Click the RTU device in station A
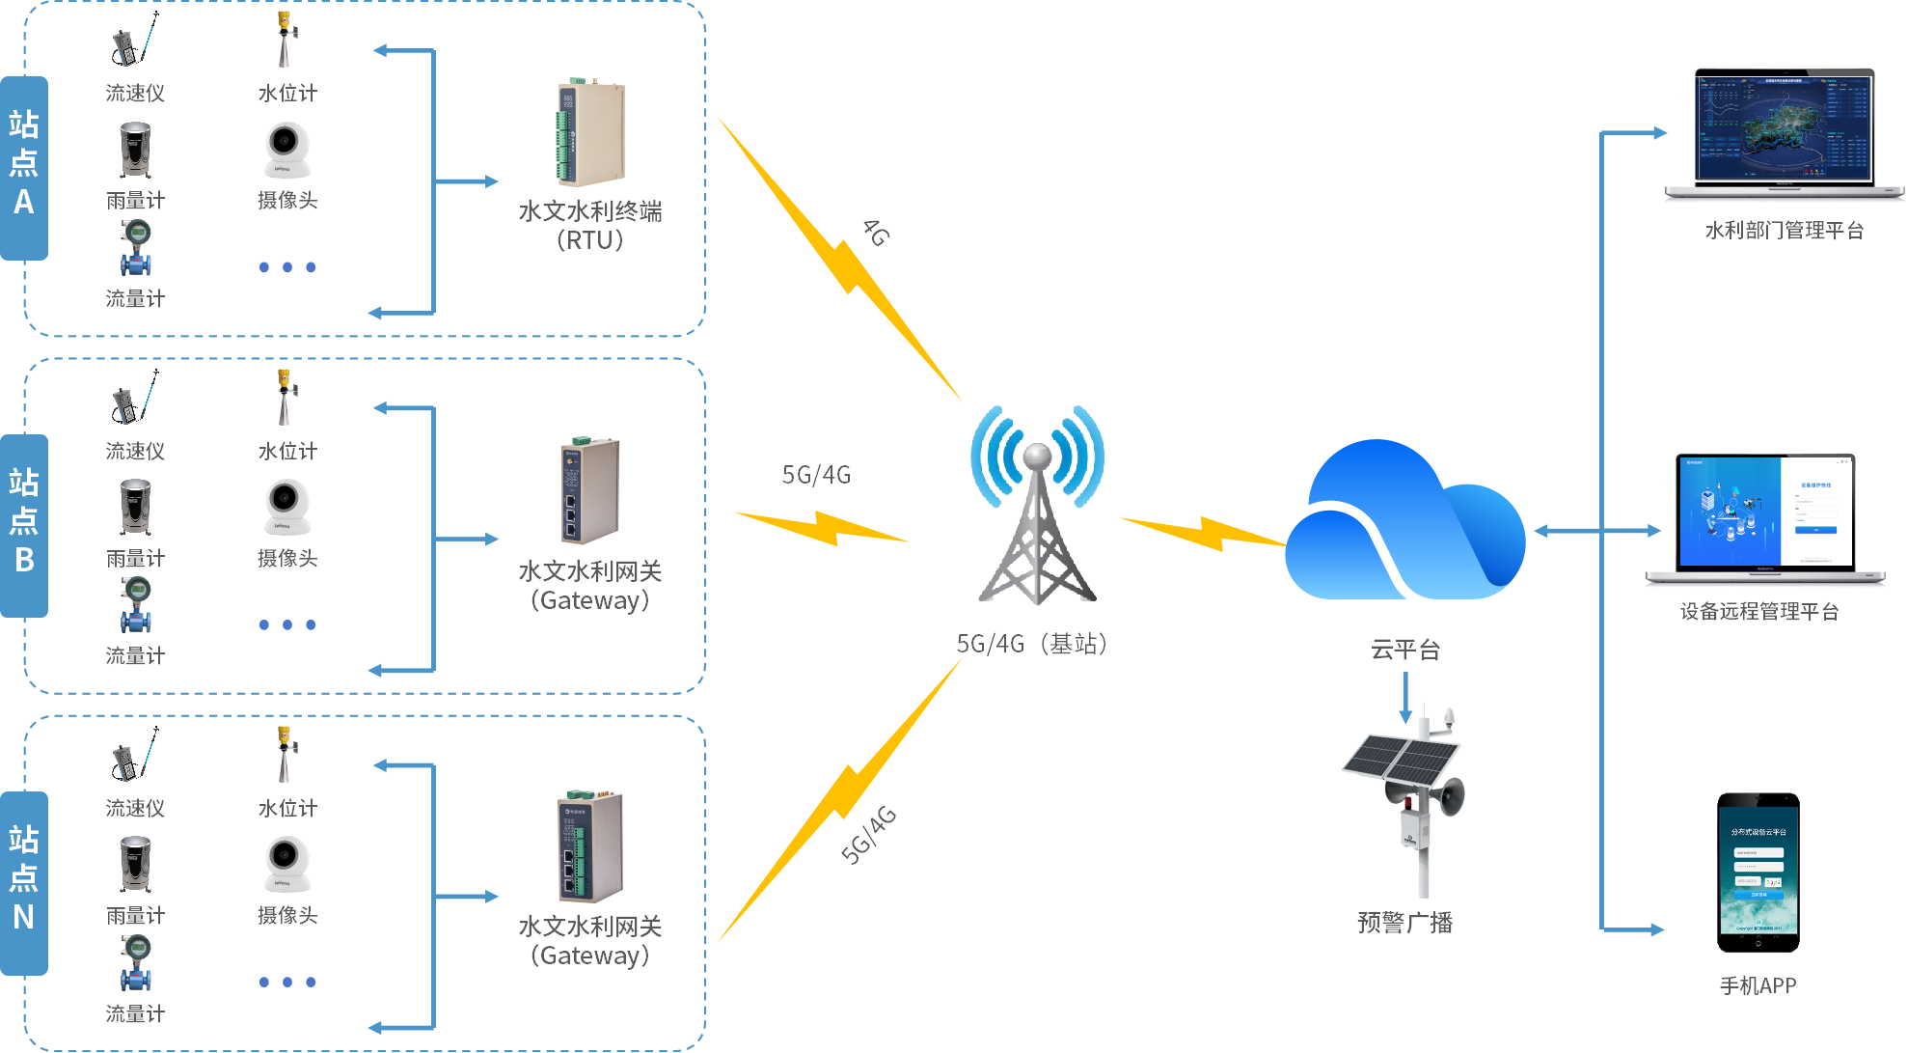point(589,134)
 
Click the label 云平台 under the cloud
point(1405,651)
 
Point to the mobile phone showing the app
point(1758,873)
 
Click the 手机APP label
point(1758,985)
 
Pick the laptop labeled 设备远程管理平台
point(1765,516)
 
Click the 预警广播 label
point(1404,923)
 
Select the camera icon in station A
point(286,150)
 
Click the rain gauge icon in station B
point(135,507)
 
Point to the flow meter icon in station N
point(136,963)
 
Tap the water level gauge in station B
point(285,398)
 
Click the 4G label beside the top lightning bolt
point(875,233)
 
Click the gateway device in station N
point(589,847)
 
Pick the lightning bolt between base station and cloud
point(1201,532)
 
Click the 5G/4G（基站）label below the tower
point(1031,644)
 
